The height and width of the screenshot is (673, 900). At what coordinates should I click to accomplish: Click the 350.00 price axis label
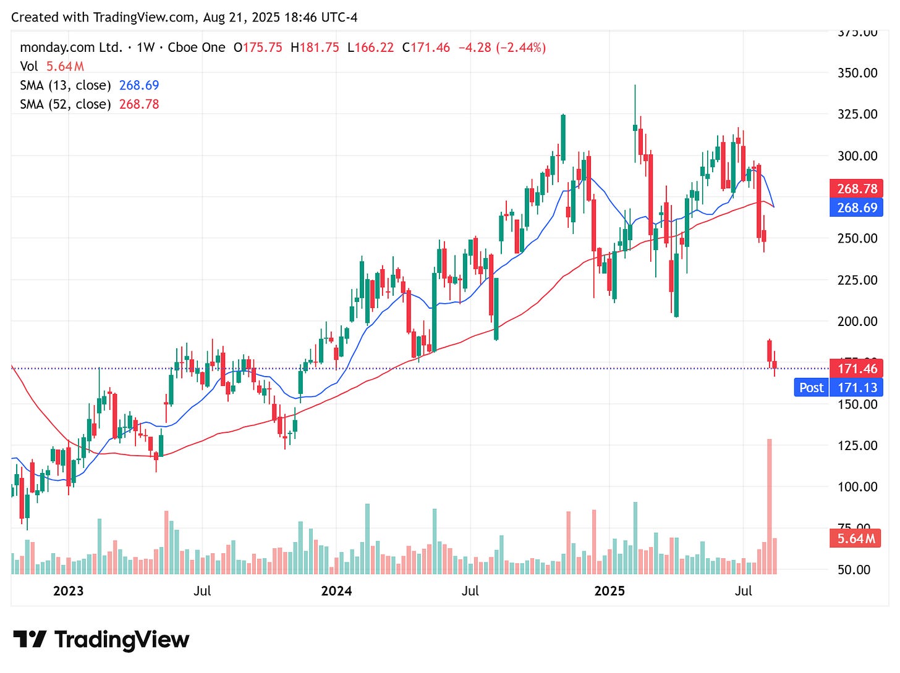click(857, 73)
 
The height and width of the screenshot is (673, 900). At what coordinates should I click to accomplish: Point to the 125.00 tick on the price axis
click(857, 445)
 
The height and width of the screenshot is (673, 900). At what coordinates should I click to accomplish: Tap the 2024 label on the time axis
click(336, 591)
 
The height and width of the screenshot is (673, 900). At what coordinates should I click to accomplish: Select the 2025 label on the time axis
click(609, 591)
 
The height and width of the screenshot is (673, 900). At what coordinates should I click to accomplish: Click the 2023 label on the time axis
click(68, 591)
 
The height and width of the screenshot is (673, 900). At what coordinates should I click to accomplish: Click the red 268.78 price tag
click(856, 189)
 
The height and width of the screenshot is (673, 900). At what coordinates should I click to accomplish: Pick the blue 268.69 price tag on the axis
click(856, 207)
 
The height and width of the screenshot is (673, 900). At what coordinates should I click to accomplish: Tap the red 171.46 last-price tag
click(856, 369)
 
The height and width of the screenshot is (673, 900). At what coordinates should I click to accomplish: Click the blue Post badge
click(811, 387)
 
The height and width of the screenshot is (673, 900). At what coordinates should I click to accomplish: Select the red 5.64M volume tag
click(856, 538)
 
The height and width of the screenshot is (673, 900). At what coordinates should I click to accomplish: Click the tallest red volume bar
click(770, 506)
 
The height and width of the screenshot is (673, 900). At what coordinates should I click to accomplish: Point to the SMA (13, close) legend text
click(66, 85)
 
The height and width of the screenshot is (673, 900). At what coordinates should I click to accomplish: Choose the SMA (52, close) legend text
click(66, 104)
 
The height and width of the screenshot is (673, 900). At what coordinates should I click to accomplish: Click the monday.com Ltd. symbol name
click(71, 48)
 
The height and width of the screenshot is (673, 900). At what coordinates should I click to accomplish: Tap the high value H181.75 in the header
click(315, 48)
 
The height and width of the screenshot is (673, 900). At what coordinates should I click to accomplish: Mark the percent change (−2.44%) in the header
click(520, 48)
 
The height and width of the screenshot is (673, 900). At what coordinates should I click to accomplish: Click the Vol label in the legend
click(28, 66)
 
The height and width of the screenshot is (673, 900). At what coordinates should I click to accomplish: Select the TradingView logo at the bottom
click(101, 639)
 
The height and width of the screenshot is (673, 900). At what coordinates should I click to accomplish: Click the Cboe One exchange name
click(197, 48)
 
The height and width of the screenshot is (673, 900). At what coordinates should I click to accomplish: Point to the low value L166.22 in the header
click(370, 48)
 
